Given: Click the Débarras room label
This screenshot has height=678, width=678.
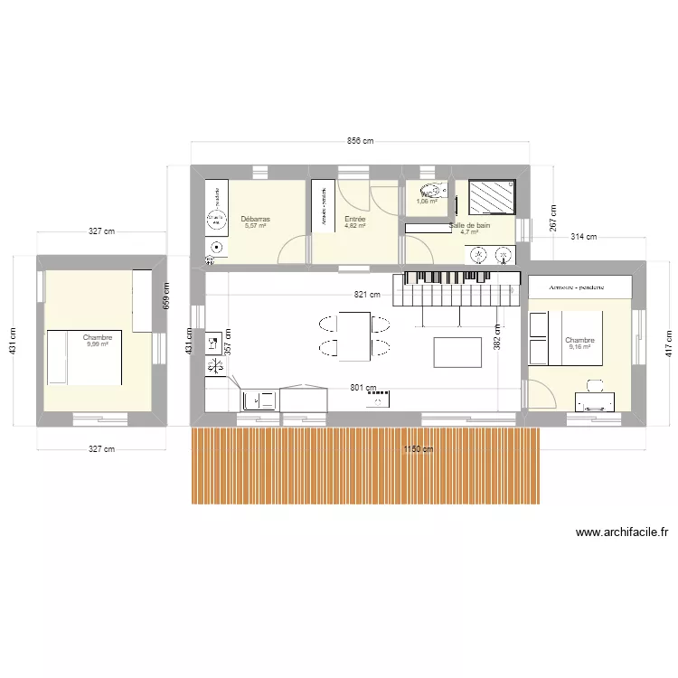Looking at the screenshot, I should pyautogui.click(x=256, y=219).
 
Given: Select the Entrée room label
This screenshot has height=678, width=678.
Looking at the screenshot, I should pyautogui.click(x=355, y=219).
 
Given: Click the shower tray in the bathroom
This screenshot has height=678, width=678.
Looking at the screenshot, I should pyautogui.click(x=493, y=195).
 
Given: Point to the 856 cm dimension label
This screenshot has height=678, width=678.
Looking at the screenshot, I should pyautogui.click(x=360, y=142).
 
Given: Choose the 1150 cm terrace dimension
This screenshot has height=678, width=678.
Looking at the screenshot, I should pyautogui.click(x=417, y=448).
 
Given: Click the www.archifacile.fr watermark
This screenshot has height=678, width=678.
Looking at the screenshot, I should pyautogui.click(x=622, y=533).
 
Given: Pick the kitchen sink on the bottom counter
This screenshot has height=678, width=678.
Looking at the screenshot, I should pyautogui.click(x=259, y=398).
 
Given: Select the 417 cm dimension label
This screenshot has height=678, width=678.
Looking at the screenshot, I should pyautogui.click(x=668, y=342).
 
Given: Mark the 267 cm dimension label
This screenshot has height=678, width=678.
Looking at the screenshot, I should pyautogui.click(x=551, y=217).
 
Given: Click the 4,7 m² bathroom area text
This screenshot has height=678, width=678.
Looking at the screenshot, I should pyautogui.click(x=469, y=232).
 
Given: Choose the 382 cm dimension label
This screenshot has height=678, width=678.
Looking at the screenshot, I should pyautogui.click(x=496, y=337).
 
